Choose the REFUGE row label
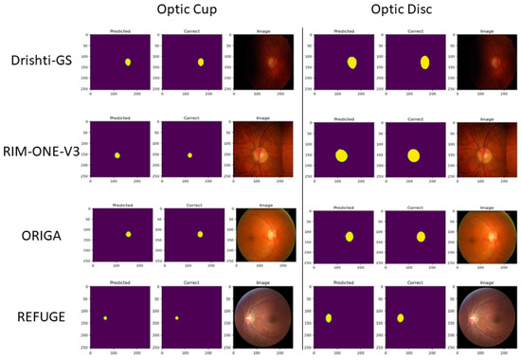(x=45, y=316)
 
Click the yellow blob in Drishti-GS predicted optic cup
(x=128, y=63)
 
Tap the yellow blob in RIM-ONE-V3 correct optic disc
(x=413, y=155)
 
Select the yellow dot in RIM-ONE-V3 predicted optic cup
(x=117, y=155)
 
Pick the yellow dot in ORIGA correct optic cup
(x=200, y=234)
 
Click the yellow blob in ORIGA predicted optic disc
(x=350, y=236)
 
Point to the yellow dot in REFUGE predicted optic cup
(x=106, y=318)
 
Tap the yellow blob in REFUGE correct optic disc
(x=401, y=318)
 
